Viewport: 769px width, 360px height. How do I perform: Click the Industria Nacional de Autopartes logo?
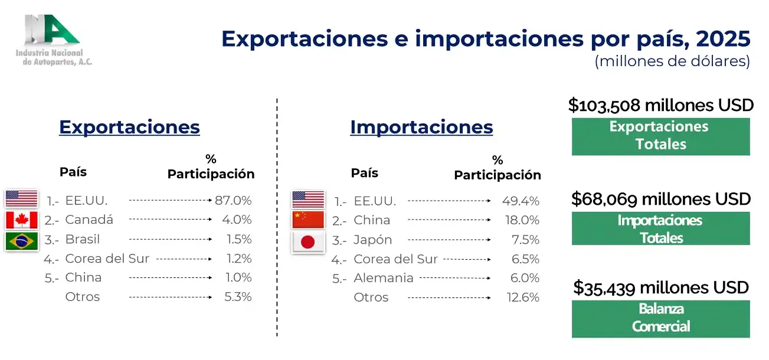pos(54,40)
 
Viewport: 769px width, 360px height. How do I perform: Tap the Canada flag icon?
pos(22,220)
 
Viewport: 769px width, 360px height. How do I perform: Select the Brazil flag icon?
pos(22,241)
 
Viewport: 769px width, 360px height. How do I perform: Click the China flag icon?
pos(308,220)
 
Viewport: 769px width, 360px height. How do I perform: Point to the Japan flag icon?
pos(308,242)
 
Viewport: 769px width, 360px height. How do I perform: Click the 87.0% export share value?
pos(233,201)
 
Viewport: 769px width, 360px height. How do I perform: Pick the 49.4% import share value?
pos(521,201)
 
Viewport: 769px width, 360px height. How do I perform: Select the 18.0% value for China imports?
pos(522,220)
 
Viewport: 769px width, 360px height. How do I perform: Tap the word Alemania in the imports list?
pos(384,278)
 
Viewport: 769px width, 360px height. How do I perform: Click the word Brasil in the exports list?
pos(83,239)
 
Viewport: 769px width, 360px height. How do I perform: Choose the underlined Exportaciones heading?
pos(129,127)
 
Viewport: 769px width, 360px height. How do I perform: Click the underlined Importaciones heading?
pos(421,127)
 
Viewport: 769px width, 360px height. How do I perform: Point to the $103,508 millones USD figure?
pos(661,105)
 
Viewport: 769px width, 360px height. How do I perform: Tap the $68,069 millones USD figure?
pos(661,199)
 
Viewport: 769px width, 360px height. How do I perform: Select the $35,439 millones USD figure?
pos(661,287)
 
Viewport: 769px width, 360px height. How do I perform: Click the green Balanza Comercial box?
pos(661,319)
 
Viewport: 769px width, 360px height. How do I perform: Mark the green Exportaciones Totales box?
pos(661,136)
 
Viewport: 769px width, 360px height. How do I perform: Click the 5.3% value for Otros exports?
pos(238,297)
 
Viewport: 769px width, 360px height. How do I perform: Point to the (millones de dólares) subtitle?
pos(672,61)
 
